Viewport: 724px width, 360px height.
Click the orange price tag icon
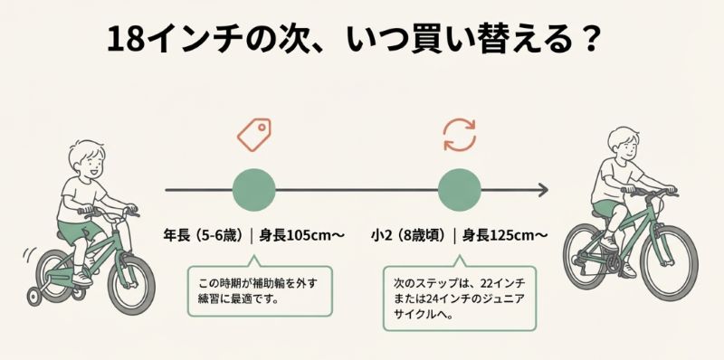(254, 134)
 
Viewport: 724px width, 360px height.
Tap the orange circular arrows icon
(459, 134)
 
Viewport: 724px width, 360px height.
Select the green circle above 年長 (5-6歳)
(254, 190)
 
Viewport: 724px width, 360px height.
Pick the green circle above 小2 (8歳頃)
(459, 190)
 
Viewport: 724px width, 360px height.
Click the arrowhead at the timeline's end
(543, 190)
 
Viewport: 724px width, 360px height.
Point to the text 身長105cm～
(302, 235)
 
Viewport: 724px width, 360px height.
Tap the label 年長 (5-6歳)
(201, 235)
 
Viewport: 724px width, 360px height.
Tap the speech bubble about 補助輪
(259, 289)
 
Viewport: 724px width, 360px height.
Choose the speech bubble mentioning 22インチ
(459, 294)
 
